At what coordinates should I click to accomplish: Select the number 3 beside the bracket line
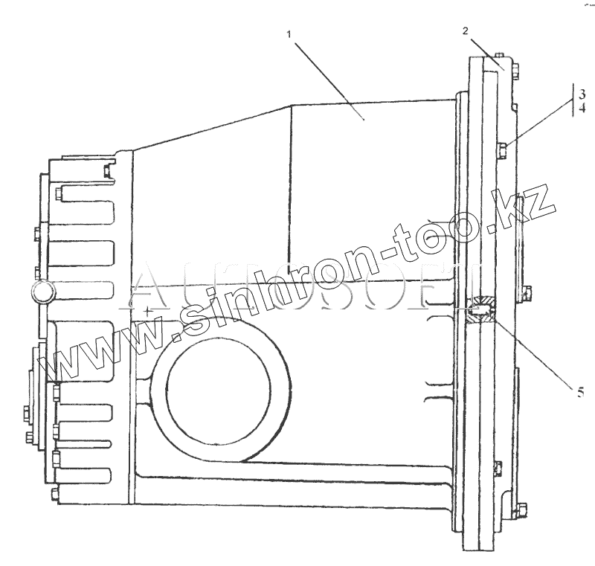point(583,94)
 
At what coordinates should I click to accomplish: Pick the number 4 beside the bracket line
point(583,108)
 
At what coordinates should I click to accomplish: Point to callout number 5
point(580,390)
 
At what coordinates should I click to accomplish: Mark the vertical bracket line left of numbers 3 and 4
point(573,100)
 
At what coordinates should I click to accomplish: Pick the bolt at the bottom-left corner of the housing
point(54,494)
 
